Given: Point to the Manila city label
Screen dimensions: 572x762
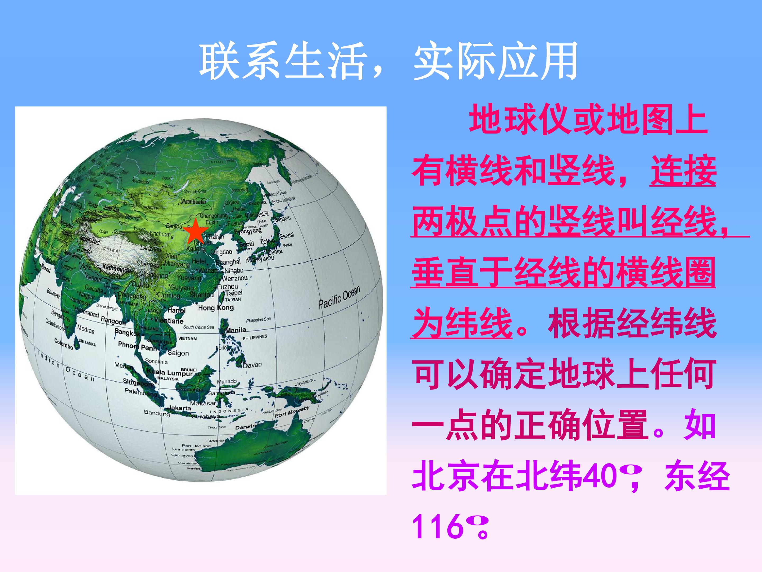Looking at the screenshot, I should pyautogui.click(x=236, y=330).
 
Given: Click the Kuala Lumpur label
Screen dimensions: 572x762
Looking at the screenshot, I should pyautogui.click(x=170, y=372).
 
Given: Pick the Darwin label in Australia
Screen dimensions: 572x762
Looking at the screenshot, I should pyautogui.click(x=245, y=427).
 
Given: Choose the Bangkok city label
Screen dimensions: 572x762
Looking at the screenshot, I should pyautogui.click(x=128, y=333).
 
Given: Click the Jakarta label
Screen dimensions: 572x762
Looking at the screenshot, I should pyautogui.click(x=179, y=408).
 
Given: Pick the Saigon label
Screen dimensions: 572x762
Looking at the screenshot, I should pyautogui.click(x=178, y=353).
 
